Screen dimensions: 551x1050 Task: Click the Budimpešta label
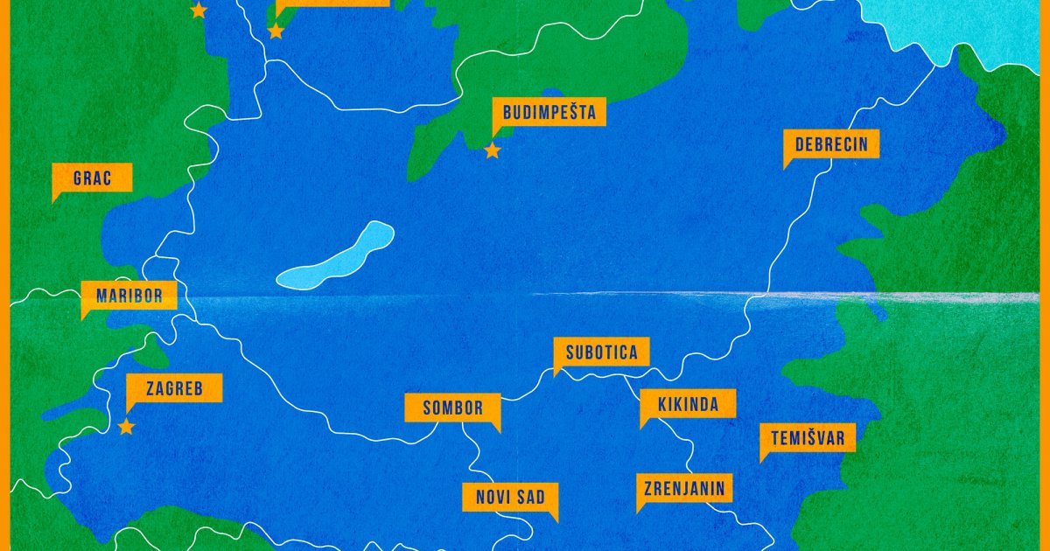point(549,113)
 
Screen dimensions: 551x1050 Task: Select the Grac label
point(92,178)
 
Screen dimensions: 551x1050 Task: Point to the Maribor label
point(129,296)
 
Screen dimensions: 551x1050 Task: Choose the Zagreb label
point(173,388)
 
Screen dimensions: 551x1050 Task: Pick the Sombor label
point(452,408)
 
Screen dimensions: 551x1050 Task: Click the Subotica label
point(601,352)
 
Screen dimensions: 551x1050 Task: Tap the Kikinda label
point(688,404)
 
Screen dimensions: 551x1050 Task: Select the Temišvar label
point(808,437)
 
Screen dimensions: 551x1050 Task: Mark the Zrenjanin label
point(684,488)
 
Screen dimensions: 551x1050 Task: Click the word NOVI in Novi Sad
point(493,498)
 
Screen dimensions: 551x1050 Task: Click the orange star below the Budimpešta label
point(493,150)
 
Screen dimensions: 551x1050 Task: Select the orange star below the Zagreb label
point(126,427)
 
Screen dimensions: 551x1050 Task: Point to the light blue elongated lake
point(335,255)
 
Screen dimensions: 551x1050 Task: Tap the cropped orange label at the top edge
point(332,3)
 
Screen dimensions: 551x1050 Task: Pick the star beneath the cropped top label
point(276,31)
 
